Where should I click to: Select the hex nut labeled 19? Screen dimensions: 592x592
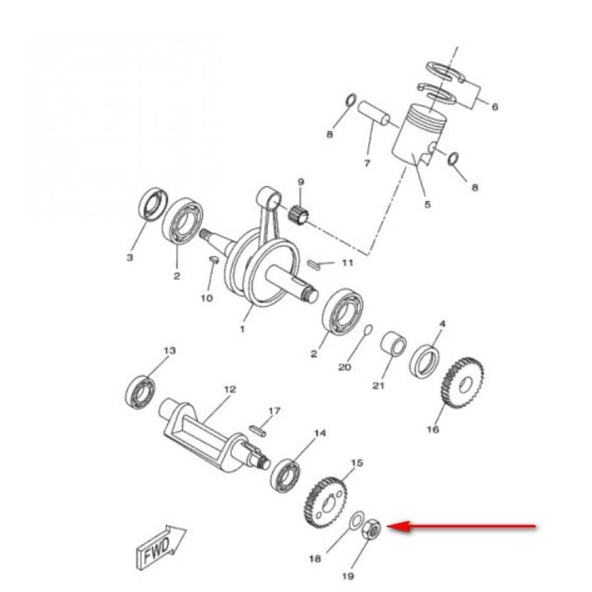pos(371,529)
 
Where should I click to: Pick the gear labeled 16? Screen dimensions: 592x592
pos(462,383)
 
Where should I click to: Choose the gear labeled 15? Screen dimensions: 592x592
pos(326,501)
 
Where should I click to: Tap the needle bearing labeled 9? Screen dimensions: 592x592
pos(298,215)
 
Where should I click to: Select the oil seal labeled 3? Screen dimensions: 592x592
pos(152,205)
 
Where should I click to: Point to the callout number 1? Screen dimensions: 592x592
pos(242,329)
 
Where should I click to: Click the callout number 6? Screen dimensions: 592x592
pos(495,107)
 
